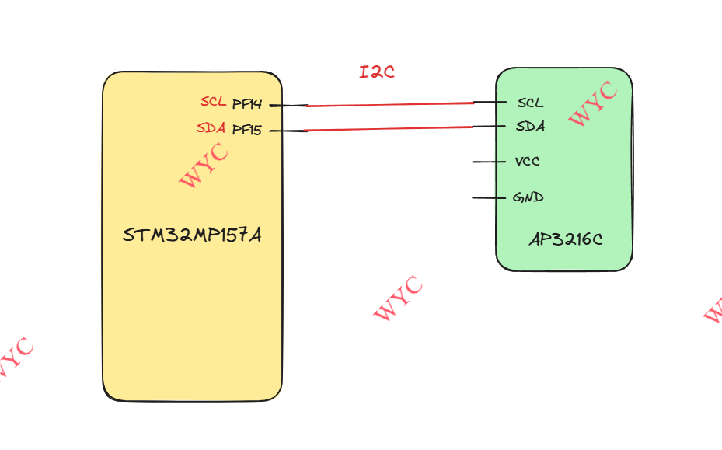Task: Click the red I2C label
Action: pos(377,72)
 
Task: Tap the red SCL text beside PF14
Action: pos(213,102)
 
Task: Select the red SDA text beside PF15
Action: pos(211,128)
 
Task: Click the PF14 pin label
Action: pos(247,104)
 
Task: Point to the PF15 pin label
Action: pos(247,131)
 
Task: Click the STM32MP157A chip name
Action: pos(192,235)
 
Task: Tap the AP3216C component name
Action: pos(565,239)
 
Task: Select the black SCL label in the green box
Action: pos(530,103)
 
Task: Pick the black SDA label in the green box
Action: pos(530,126)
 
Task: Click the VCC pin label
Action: pos(527,162)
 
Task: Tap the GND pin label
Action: pos(528,197)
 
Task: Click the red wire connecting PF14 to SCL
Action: pos(389,104)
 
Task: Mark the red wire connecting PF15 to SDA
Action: pos(389,129)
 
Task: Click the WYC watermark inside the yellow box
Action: pos(204,165)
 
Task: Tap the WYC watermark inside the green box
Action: pos(593,103)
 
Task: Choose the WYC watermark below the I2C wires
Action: pos(398,298)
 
